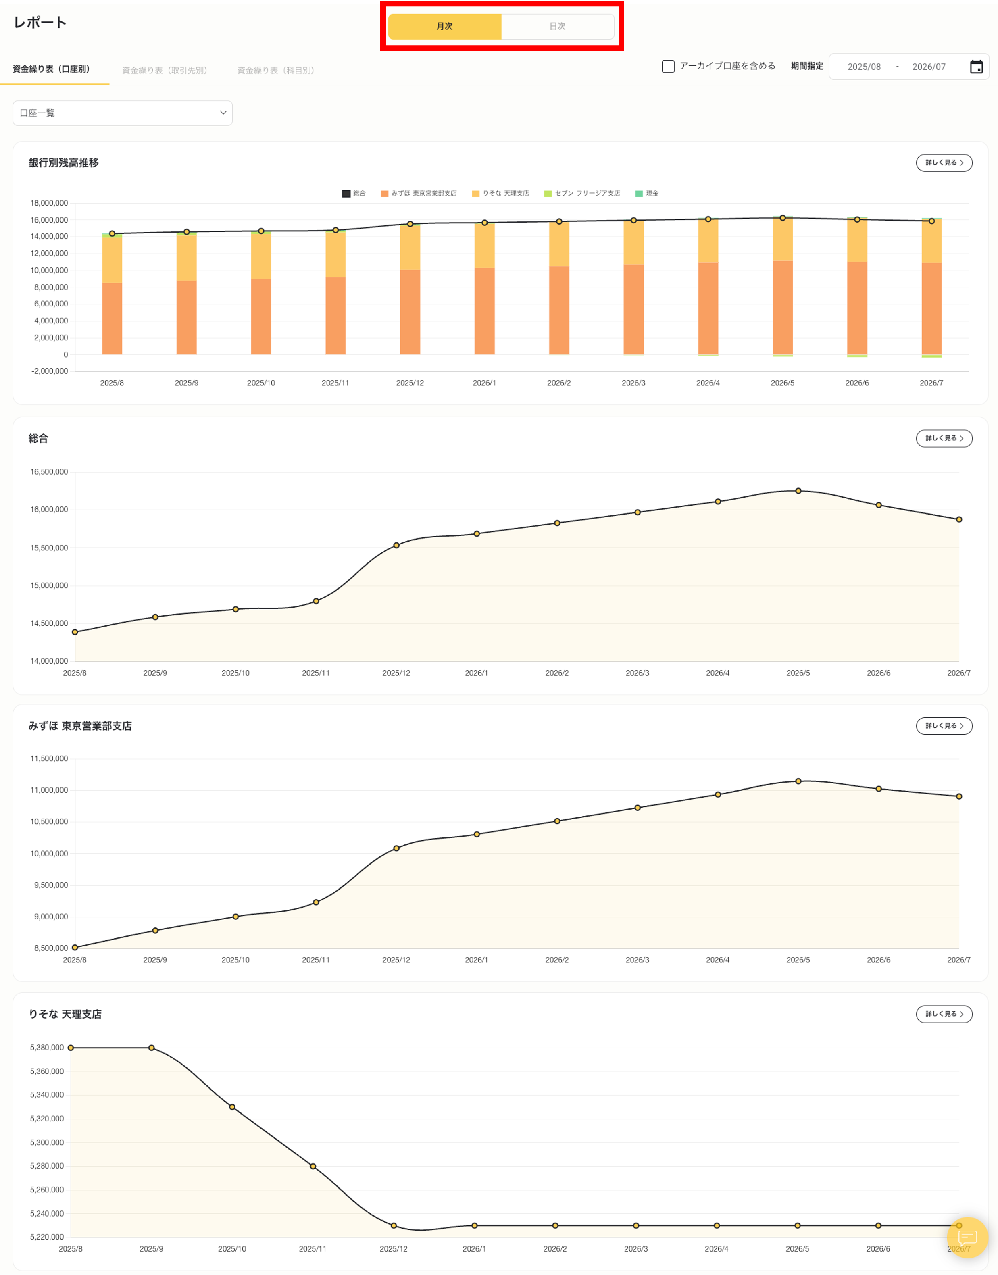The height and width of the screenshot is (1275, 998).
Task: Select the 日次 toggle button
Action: [557, 26]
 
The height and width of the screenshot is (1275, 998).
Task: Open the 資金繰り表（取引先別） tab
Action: [165, 70]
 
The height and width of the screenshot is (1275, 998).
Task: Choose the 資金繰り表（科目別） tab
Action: [276, 70]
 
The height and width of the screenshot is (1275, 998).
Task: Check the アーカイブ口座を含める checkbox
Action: [668, 66]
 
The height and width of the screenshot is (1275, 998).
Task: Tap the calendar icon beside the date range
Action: [976, 67]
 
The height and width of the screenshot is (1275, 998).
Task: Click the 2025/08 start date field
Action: [864, 67]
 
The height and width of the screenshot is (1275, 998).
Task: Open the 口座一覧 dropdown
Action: [122, 113]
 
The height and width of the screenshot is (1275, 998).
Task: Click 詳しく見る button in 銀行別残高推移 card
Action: [944, 162]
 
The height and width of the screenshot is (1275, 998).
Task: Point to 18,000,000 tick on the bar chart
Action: [49, 203]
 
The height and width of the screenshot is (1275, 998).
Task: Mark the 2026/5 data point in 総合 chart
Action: [798, 491]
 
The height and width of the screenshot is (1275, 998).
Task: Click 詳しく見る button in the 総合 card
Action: [944, 438]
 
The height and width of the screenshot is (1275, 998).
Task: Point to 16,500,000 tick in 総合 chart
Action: [49, 471]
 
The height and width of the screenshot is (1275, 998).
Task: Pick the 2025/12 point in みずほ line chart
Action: [396, 848]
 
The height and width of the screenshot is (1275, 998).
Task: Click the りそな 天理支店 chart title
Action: [65, 1014]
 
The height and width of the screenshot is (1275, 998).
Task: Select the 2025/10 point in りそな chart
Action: [232, 1107]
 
